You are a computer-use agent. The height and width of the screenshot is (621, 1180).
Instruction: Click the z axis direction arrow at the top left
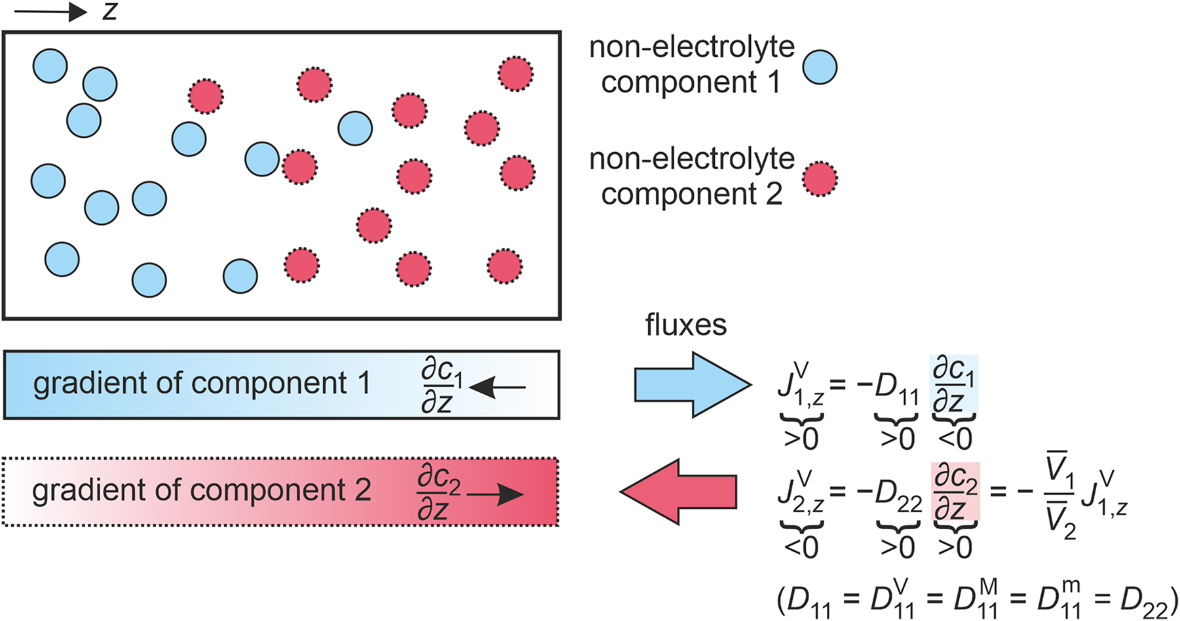(x=51, y=12)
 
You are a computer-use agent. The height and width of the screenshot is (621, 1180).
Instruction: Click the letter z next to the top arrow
(x=109, y=11)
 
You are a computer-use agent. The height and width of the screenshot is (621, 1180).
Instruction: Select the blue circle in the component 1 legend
(x=820, y=67)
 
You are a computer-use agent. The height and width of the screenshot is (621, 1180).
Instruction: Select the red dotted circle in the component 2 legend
(x=820, y=179)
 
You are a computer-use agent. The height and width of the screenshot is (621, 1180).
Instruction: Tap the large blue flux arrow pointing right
(x=693, y=385)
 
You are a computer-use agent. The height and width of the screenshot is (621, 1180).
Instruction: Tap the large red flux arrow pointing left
(x=679, y=492)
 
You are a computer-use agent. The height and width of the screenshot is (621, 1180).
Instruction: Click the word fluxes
(x=685, y=325)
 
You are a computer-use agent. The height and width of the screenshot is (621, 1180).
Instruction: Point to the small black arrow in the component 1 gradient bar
(x=498, y=388)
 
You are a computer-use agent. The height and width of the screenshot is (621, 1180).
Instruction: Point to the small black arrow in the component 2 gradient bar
(x=495, y=495)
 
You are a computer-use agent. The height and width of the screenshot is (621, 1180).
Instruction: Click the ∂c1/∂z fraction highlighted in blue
(x=953, y=385)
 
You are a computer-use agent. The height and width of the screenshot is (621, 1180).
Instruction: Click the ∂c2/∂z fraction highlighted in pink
(x=955, y=492)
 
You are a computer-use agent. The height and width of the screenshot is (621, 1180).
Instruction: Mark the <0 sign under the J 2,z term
(x=801, y=546)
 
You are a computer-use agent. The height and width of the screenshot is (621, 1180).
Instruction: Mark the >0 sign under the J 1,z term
(x=801, y=439)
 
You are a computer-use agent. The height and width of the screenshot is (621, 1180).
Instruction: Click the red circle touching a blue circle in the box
(x=299, y=167)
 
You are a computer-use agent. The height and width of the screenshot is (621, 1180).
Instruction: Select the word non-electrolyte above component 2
(x=691, y=159)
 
